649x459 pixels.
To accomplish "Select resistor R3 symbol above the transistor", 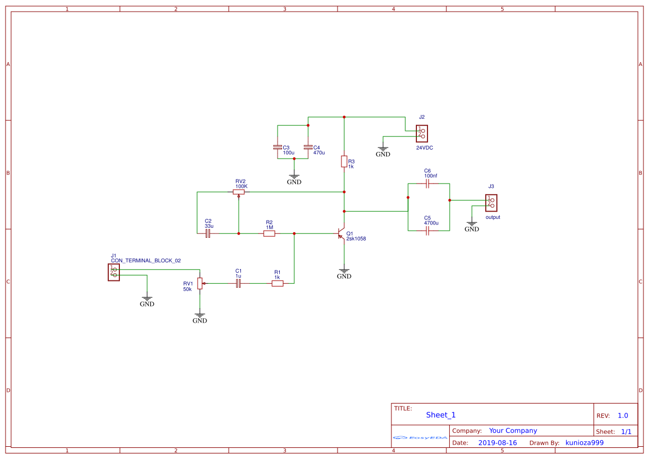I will click(344, 161).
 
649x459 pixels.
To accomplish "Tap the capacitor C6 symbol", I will click(427, 184).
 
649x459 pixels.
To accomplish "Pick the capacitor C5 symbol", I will click(427, 231).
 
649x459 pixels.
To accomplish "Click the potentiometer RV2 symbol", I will click(239, 192).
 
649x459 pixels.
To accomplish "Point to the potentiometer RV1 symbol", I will click(200, 283).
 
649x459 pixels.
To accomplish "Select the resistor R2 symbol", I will click(269, 233).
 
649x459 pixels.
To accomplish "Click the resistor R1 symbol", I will click(278, 283).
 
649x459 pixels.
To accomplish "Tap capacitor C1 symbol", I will click(238, 283).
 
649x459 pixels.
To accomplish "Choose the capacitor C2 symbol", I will click(208, 233).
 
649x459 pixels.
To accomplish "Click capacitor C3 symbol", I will click(278, 147).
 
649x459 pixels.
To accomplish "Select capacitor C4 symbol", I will click(308, 147).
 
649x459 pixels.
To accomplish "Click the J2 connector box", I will click(422, 133).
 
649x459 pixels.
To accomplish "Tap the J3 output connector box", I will click(491, 202).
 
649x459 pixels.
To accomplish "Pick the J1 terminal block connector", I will click(114, 272).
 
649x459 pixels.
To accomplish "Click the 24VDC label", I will click(425, 148).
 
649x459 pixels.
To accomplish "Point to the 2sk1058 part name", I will click(356, 238).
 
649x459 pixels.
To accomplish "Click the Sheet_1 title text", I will click(441, 415).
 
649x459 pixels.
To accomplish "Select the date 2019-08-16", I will click(497, 442).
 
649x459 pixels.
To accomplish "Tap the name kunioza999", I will click(584, 442).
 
